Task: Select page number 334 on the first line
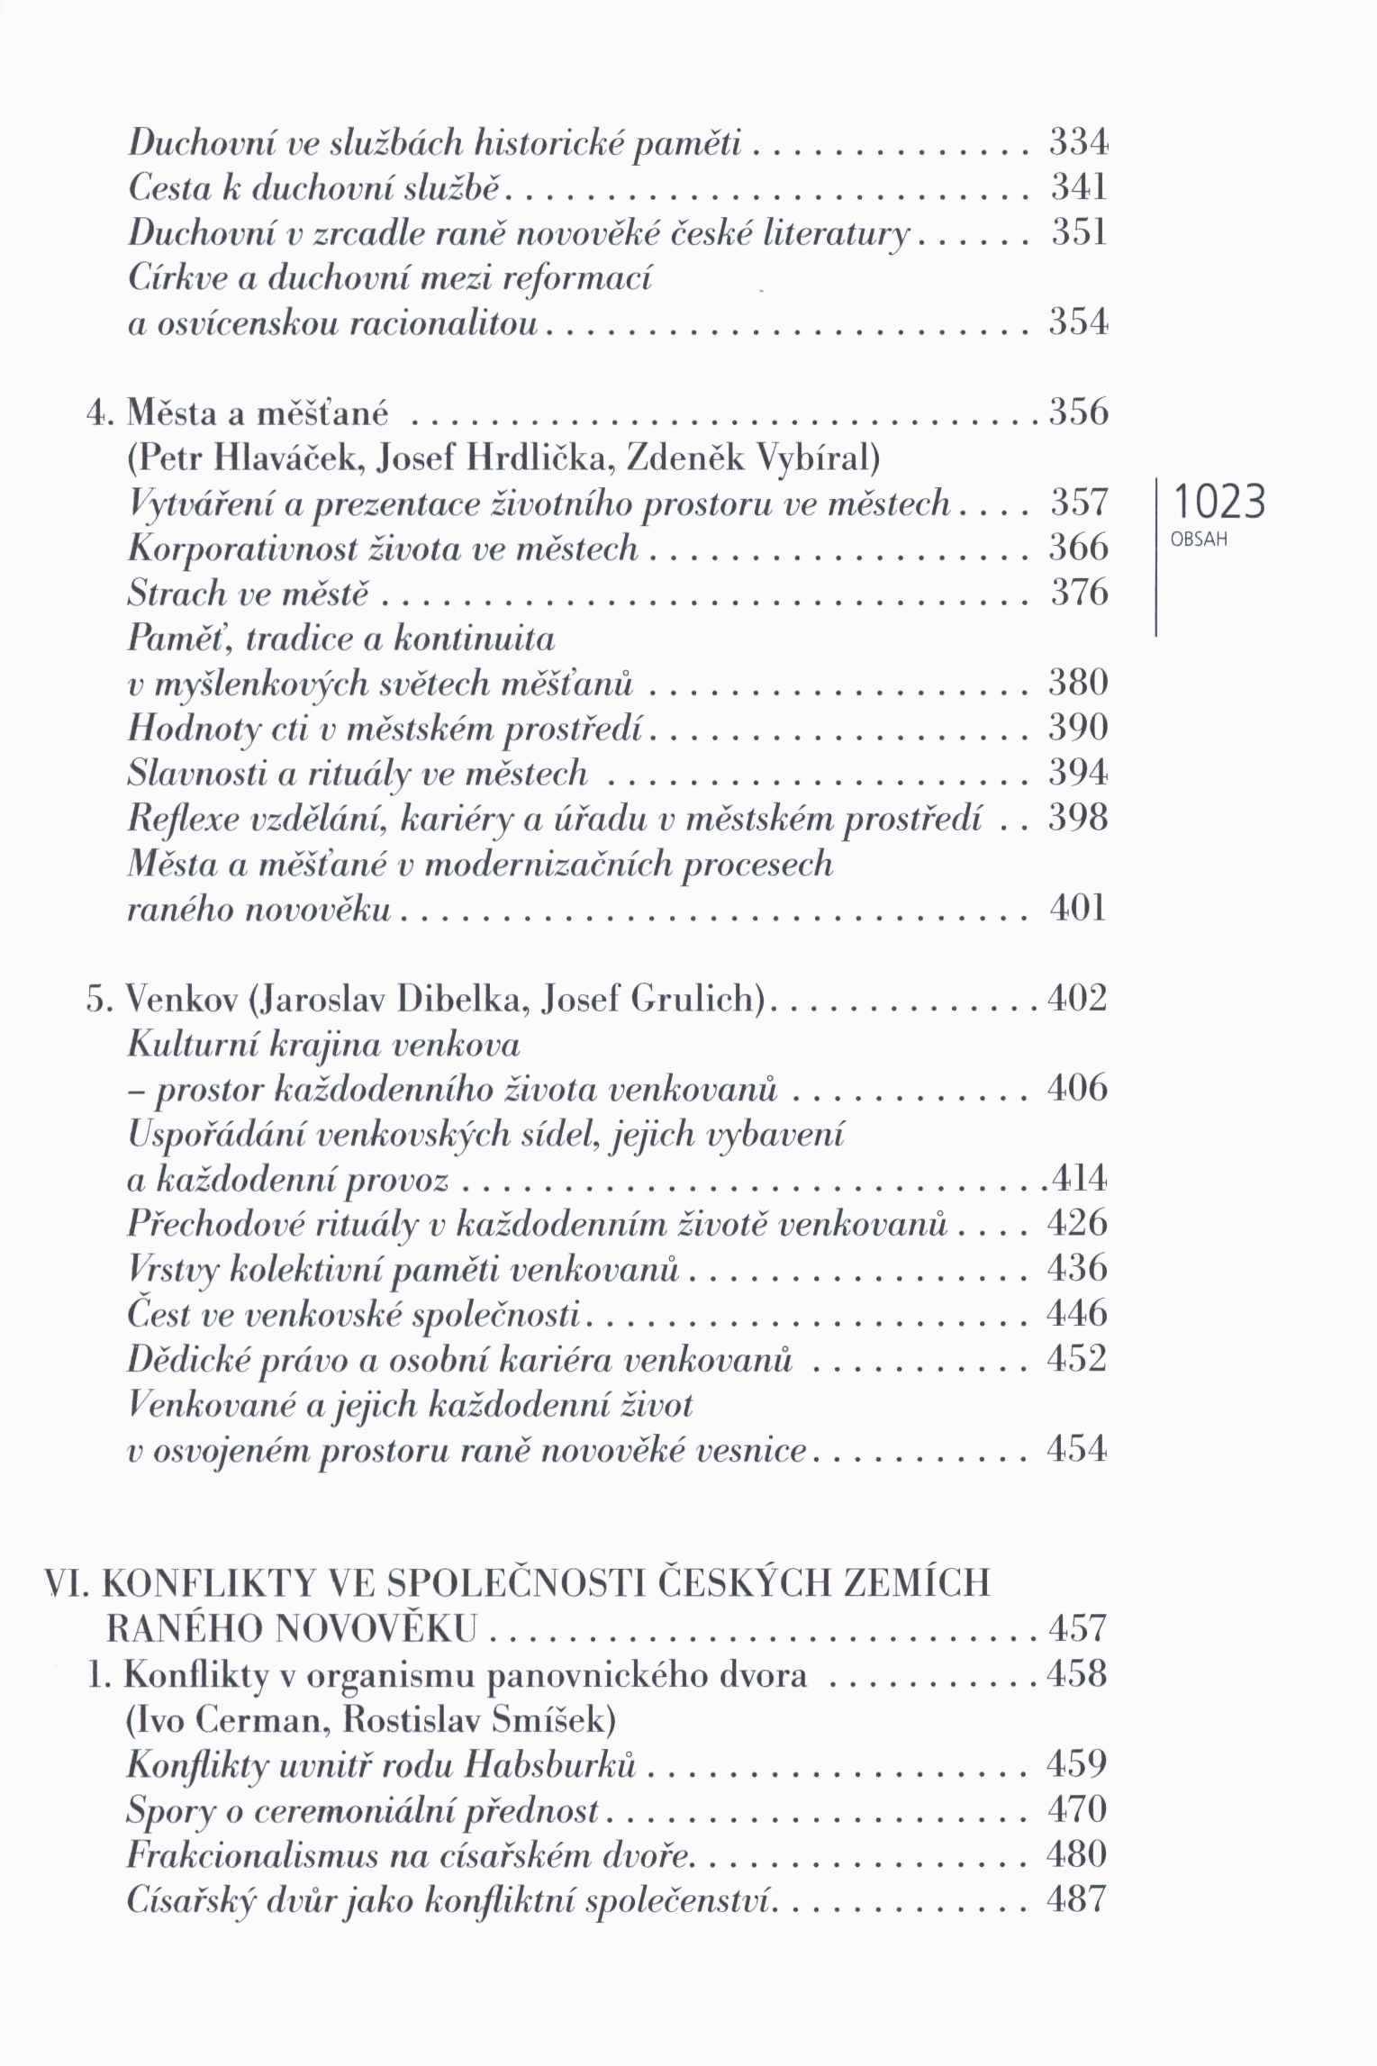tap(1078, 142)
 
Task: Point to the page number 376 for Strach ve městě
tap(1078, 594)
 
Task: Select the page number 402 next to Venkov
tap(1078, 999)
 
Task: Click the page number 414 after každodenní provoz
tap(1078, 1179)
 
